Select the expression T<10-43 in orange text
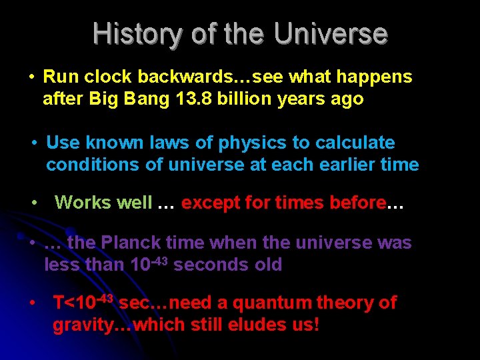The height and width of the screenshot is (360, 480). point(85,303)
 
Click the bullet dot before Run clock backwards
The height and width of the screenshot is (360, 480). point(31,77)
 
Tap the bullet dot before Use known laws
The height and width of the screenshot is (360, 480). point(35,143)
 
